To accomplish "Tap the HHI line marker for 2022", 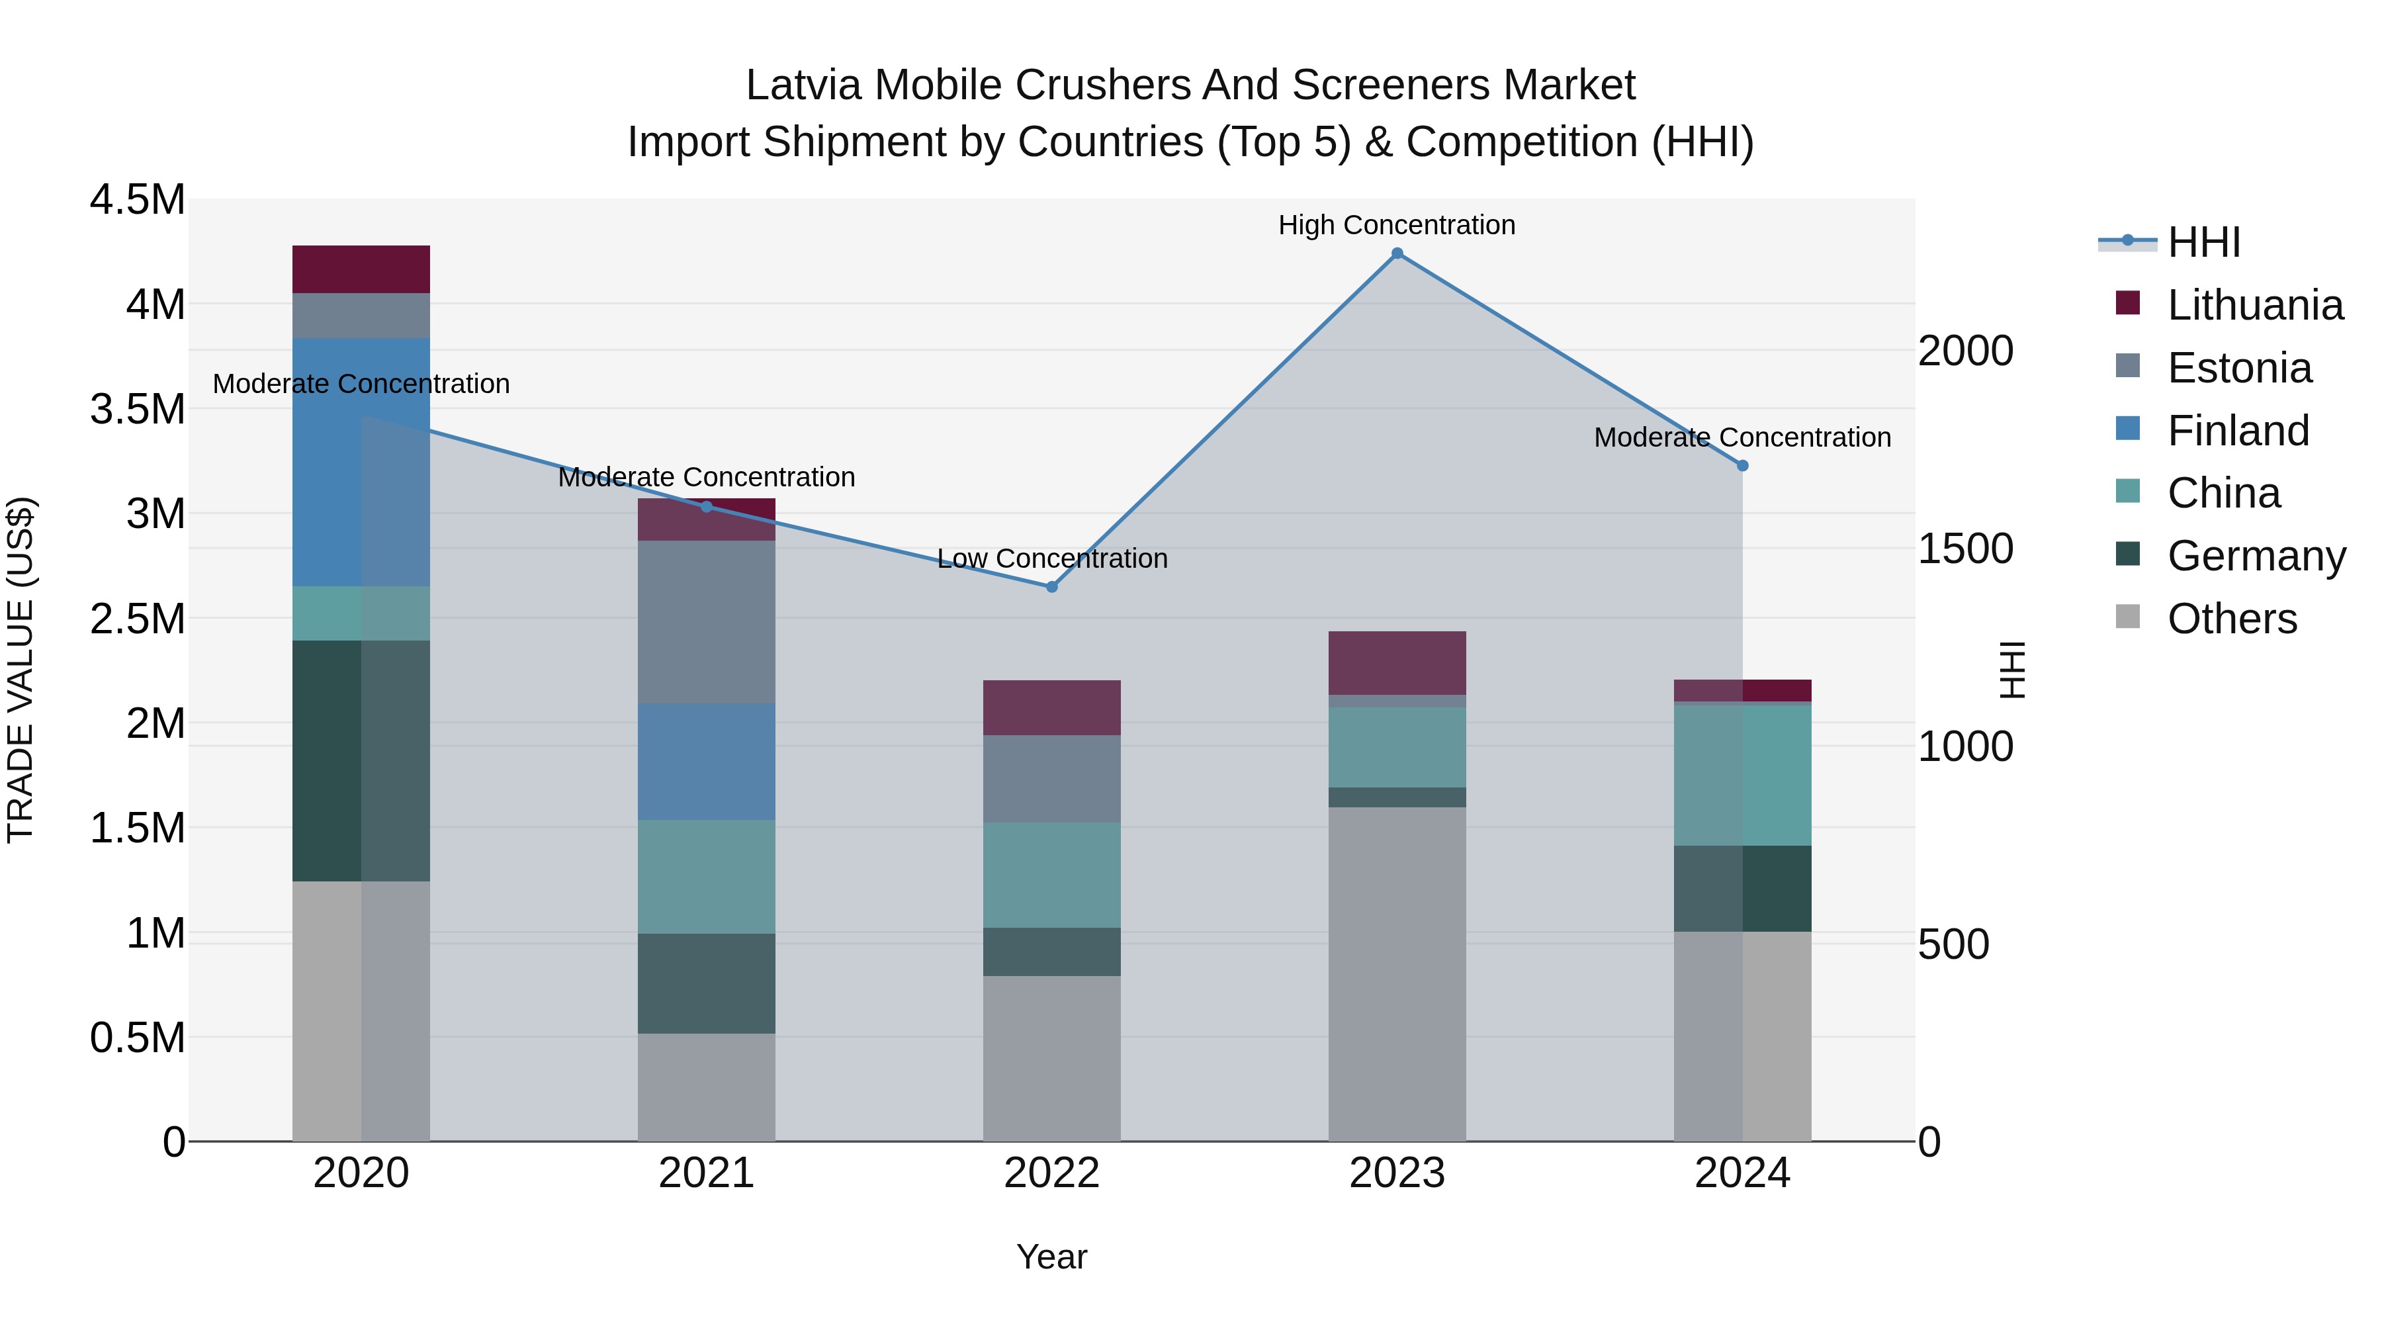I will pyautogui.click(x=1051, y=587).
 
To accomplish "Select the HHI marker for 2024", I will pyautogui.click(x=1742, y=466).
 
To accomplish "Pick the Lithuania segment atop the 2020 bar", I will pyautogui.click(x=361, y=269).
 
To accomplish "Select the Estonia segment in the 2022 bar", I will pyautogui.click(x=1051, y=779).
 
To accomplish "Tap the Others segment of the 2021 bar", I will pyautogui.click(x=707, y=1087).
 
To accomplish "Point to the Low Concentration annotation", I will pyautogui.click(x=1051, y=558).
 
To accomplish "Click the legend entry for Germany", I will pyautogui.click(x=2256, y=556).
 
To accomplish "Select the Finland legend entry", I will pyautogui.click(x=2237, y=431).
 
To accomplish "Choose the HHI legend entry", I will pyautogui.click(x=2203, y=242).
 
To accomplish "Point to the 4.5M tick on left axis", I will pyautogui.click(x=137, y=200).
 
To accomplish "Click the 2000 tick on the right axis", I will pyautogui.click(x=1965, y=351).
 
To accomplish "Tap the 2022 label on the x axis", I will pyautogui.click(x=1051, y=1173).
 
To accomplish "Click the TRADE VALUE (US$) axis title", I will pyautogui.click(x=21, y=670).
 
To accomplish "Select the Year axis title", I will pyautogui.click(x=1051, y=1257).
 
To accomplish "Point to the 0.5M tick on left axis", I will pyautogui.click(x=137, y=1038).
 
